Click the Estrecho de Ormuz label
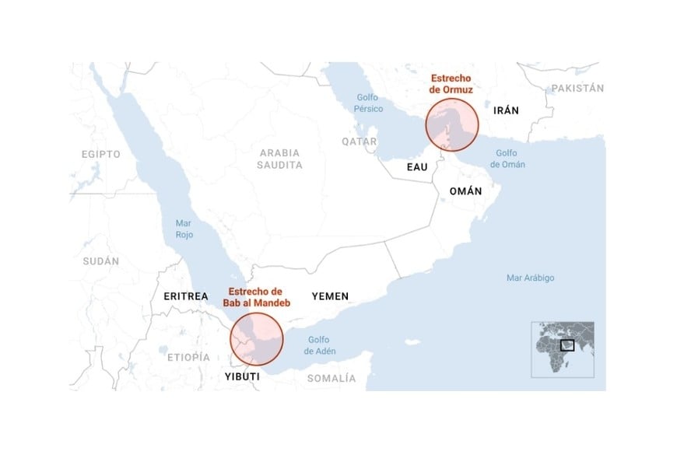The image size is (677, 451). tap(451, 85)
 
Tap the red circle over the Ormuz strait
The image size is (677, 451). tap(451, 124)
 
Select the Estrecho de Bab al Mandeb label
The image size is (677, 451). tap(256, 296)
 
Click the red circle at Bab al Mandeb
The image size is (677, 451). tap(257, 339)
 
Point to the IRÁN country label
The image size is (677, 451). tap(506, 110)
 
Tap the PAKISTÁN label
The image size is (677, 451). tap(577, 89)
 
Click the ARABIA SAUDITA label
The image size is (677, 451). tap(280, 159)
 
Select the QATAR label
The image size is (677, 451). tap(359, 142)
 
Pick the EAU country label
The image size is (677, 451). tap(417, 167)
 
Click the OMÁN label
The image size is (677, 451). tap(465, 191)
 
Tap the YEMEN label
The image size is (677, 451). tap(330, 296)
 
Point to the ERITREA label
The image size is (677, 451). tap(186, 296)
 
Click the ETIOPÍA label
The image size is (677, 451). tap(188, 357)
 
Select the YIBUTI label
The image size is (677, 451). tap(242, 376)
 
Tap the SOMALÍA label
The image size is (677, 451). tap(331, 378)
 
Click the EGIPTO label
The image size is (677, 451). tap(101, 154)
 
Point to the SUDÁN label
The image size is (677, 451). tap(101, 261)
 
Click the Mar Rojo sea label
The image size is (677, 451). tap(183, 229)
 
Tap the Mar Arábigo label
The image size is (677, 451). tap(530, 278)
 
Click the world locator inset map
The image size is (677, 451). tap(563, 349)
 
